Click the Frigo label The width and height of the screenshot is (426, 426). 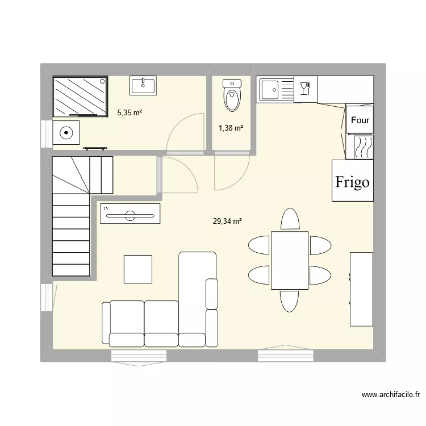(x=353, y=182)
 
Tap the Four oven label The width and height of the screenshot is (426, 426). (x=360, y=120)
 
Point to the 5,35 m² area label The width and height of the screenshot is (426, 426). (x=130, y=112)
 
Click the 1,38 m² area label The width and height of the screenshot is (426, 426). (x=231, y=128)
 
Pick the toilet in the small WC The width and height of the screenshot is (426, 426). (x=232, y=96)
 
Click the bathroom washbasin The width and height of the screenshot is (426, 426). (x=144, y=86)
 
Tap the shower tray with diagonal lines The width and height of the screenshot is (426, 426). (x=80, y=96)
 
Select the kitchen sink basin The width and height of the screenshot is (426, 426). (x=269, y=89)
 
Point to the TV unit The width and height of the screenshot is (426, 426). (x=130, y=215)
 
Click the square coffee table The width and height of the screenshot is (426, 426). (x=138, y=269)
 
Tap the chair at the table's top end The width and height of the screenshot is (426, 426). (x=290, y=220)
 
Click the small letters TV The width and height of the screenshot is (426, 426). (x=106, y=209)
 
